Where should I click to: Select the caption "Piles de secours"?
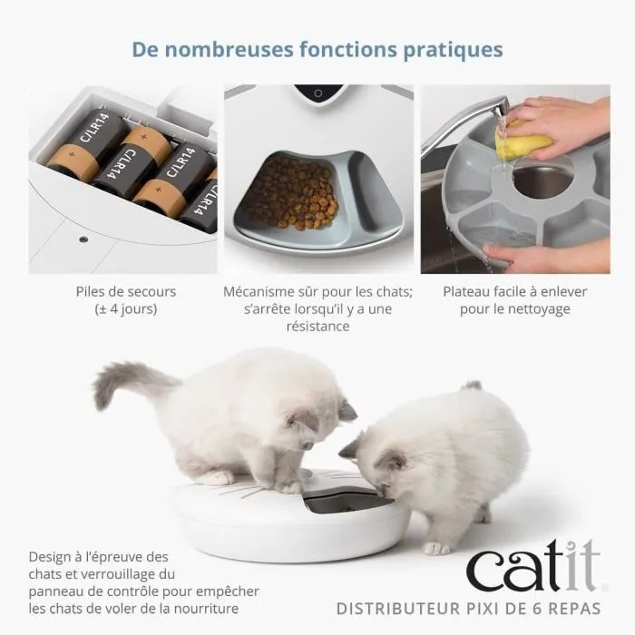[x=126, y=292]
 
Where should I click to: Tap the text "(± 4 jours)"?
[x=126, y=309]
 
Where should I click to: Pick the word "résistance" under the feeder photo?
[x=317, y=327]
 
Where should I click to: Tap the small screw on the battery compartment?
[x=83, y=239]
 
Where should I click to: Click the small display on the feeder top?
[x=318, y=93]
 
